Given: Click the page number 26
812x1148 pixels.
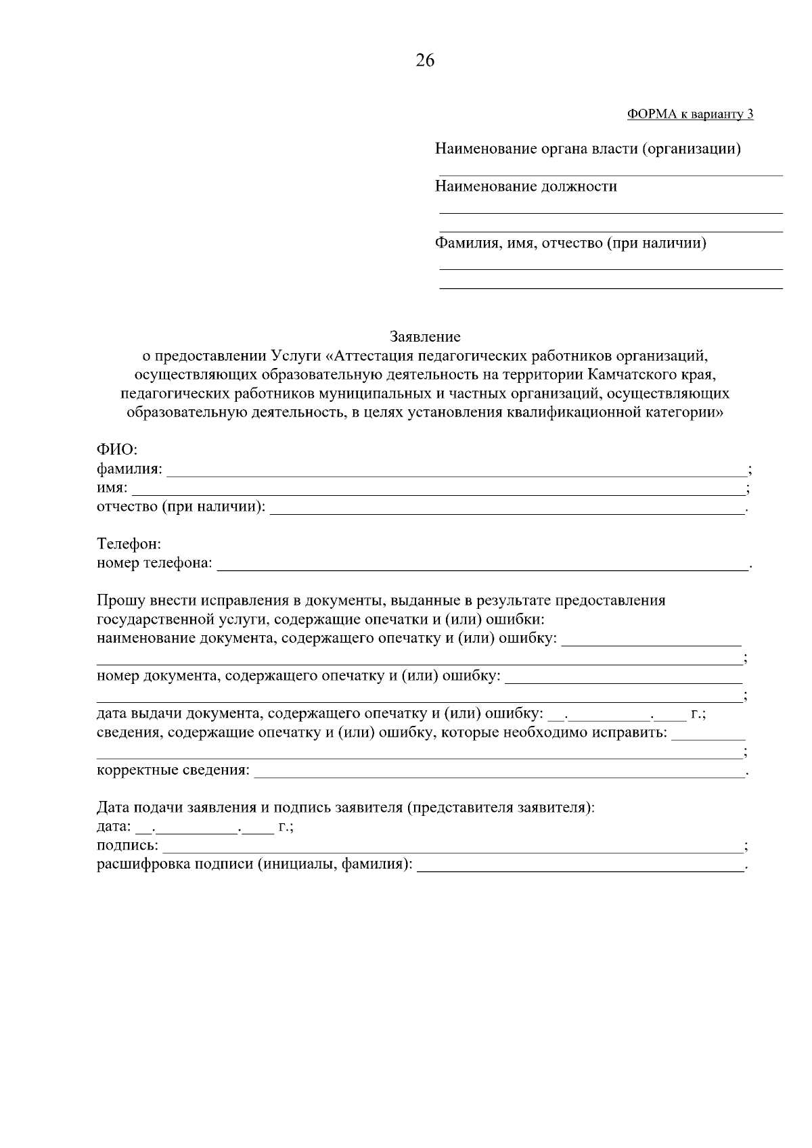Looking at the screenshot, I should pos(425,61).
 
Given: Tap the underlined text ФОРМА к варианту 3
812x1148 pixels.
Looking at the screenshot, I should pos(690,114).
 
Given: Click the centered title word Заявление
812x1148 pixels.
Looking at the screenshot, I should pos(425,336).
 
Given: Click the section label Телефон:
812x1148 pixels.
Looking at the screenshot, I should pos(129,544).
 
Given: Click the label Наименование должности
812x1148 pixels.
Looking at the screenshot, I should pos(526,187).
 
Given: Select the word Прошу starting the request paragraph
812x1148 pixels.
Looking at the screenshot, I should pos(120,601).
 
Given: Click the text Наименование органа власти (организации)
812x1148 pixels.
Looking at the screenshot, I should pos(587,149).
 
